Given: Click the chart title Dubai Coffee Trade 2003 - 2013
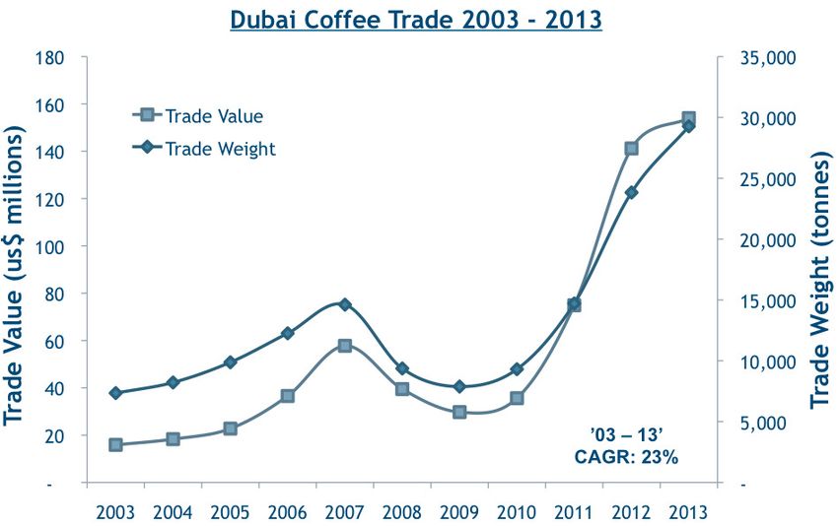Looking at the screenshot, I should pyautogui.click(x=415, y=20).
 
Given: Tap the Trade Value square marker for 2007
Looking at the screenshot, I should pyautogui.click(x=344, y=346).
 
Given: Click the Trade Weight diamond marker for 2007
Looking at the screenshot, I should pyautogui.click(x=344, y=304).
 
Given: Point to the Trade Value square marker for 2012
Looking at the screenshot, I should pyautogui.click(x=631, y=149).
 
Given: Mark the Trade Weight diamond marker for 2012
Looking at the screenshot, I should pyautogui.click(x=631, y=192).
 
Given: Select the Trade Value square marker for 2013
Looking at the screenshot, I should pyautogui.click(x=688, y=119).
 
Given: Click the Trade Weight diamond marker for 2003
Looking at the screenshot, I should pyautogui.click(x=115, y=393).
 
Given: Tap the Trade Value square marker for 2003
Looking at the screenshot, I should pyautogui.click(x=115, y=445).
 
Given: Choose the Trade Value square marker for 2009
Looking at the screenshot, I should pyautogui.click(x=459, y=413).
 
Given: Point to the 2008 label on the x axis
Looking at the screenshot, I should pyautogui.click(x=402, y=512).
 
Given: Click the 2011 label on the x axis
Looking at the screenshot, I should pyautogui.click(x=574, y=512).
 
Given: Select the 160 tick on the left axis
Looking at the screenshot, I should pyautogui.click(x=50, y=104).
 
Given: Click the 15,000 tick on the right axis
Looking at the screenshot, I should pyautogui.click(x=768, y=301).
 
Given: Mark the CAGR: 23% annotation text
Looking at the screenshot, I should pyautogui.click(x=626, y=456).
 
